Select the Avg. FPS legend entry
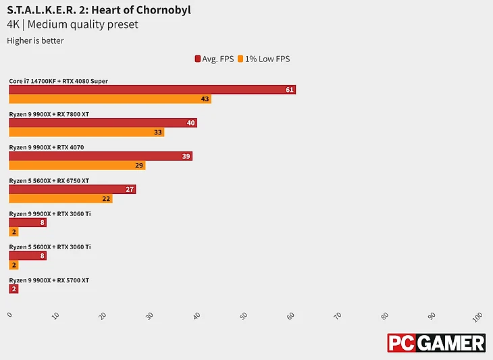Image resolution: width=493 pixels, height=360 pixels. tap(214, 59)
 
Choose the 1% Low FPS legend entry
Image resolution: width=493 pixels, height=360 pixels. tap(267, 59)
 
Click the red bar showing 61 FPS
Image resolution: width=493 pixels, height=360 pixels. tap(152, 90)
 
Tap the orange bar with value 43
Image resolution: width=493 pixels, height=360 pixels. tap(109, 99)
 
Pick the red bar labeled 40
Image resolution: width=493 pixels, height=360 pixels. tap(103, 123)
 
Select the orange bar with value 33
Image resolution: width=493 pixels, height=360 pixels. tap(86, 132)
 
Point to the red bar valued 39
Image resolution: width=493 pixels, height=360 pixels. tap(101, 156)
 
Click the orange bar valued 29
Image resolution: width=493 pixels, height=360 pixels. tap(77, 165)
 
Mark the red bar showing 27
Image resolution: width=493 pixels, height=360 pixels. tap(72, 189)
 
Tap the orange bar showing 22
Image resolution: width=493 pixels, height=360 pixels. tap(61, 199)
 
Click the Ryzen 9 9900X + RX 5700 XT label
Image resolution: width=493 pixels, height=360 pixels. tap(49, 280)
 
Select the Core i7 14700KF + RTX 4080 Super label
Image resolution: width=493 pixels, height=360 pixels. tap(59, 81)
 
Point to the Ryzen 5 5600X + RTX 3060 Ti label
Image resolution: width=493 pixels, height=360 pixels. tap(50, 247)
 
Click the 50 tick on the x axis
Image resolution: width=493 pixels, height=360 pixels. tap(243, 315)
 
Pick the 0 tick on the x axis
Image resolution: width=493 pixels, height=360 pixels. tap(9, 315)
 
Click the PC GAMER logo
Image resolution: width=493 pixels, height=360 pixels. tap(436, 342)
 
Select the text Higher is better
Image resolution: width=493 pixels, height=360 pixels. tap(35, 41)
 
